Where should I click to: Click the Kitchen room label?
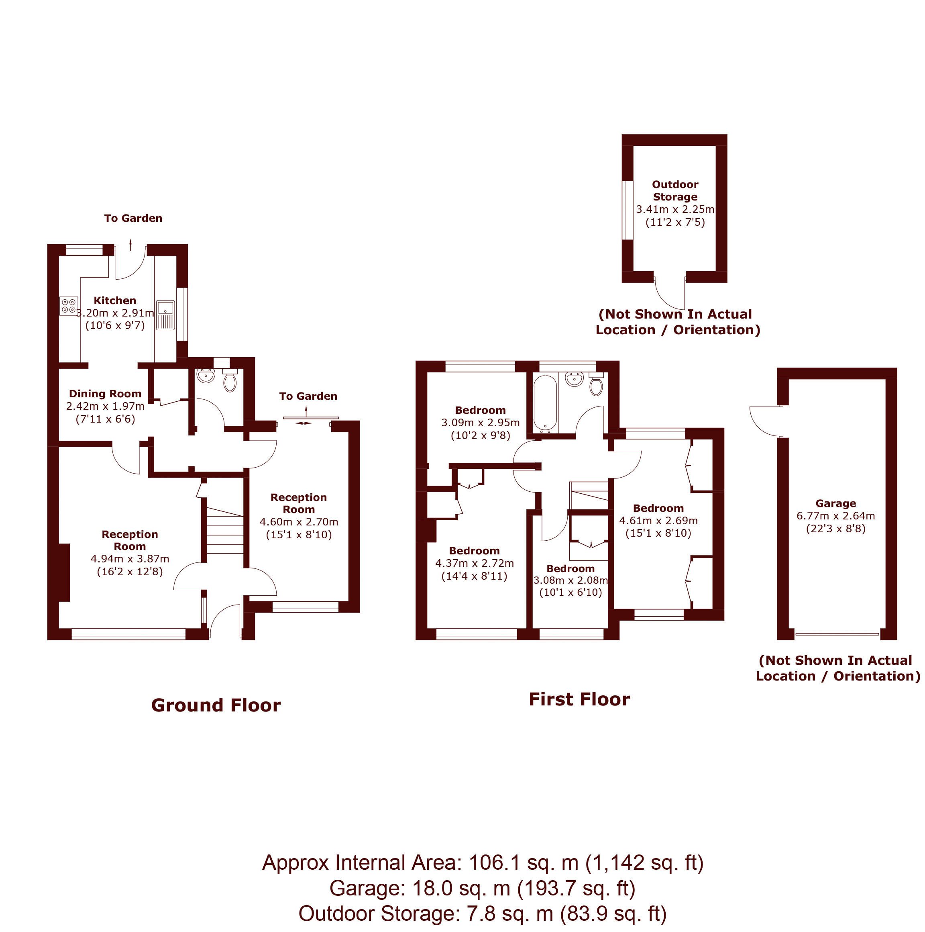pos(115,300)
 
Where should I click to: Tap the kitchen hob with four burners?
pos(68,306)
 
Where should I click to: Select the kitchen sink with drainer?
pos(165,315)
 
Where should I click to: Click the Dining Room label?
pos(105,394)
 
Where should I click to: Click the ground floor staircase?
pos(224,531)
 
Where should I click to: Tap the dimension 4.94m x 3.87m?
pos(130,559)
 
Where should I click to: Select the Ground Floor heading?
pos(216,705)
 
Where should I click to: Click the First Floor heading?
pos(579,699)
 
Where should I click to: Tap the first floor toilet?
pos(596,384)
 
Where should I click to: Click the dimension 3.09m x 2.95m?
pos(480,423)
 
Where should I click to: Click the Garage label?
pos(835,503)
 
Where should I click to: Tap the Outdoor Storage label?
pos(675,190)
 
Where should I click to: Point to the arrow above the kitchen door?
pos(130,245)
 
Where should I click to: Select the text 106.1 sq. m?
pos(524,863)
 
